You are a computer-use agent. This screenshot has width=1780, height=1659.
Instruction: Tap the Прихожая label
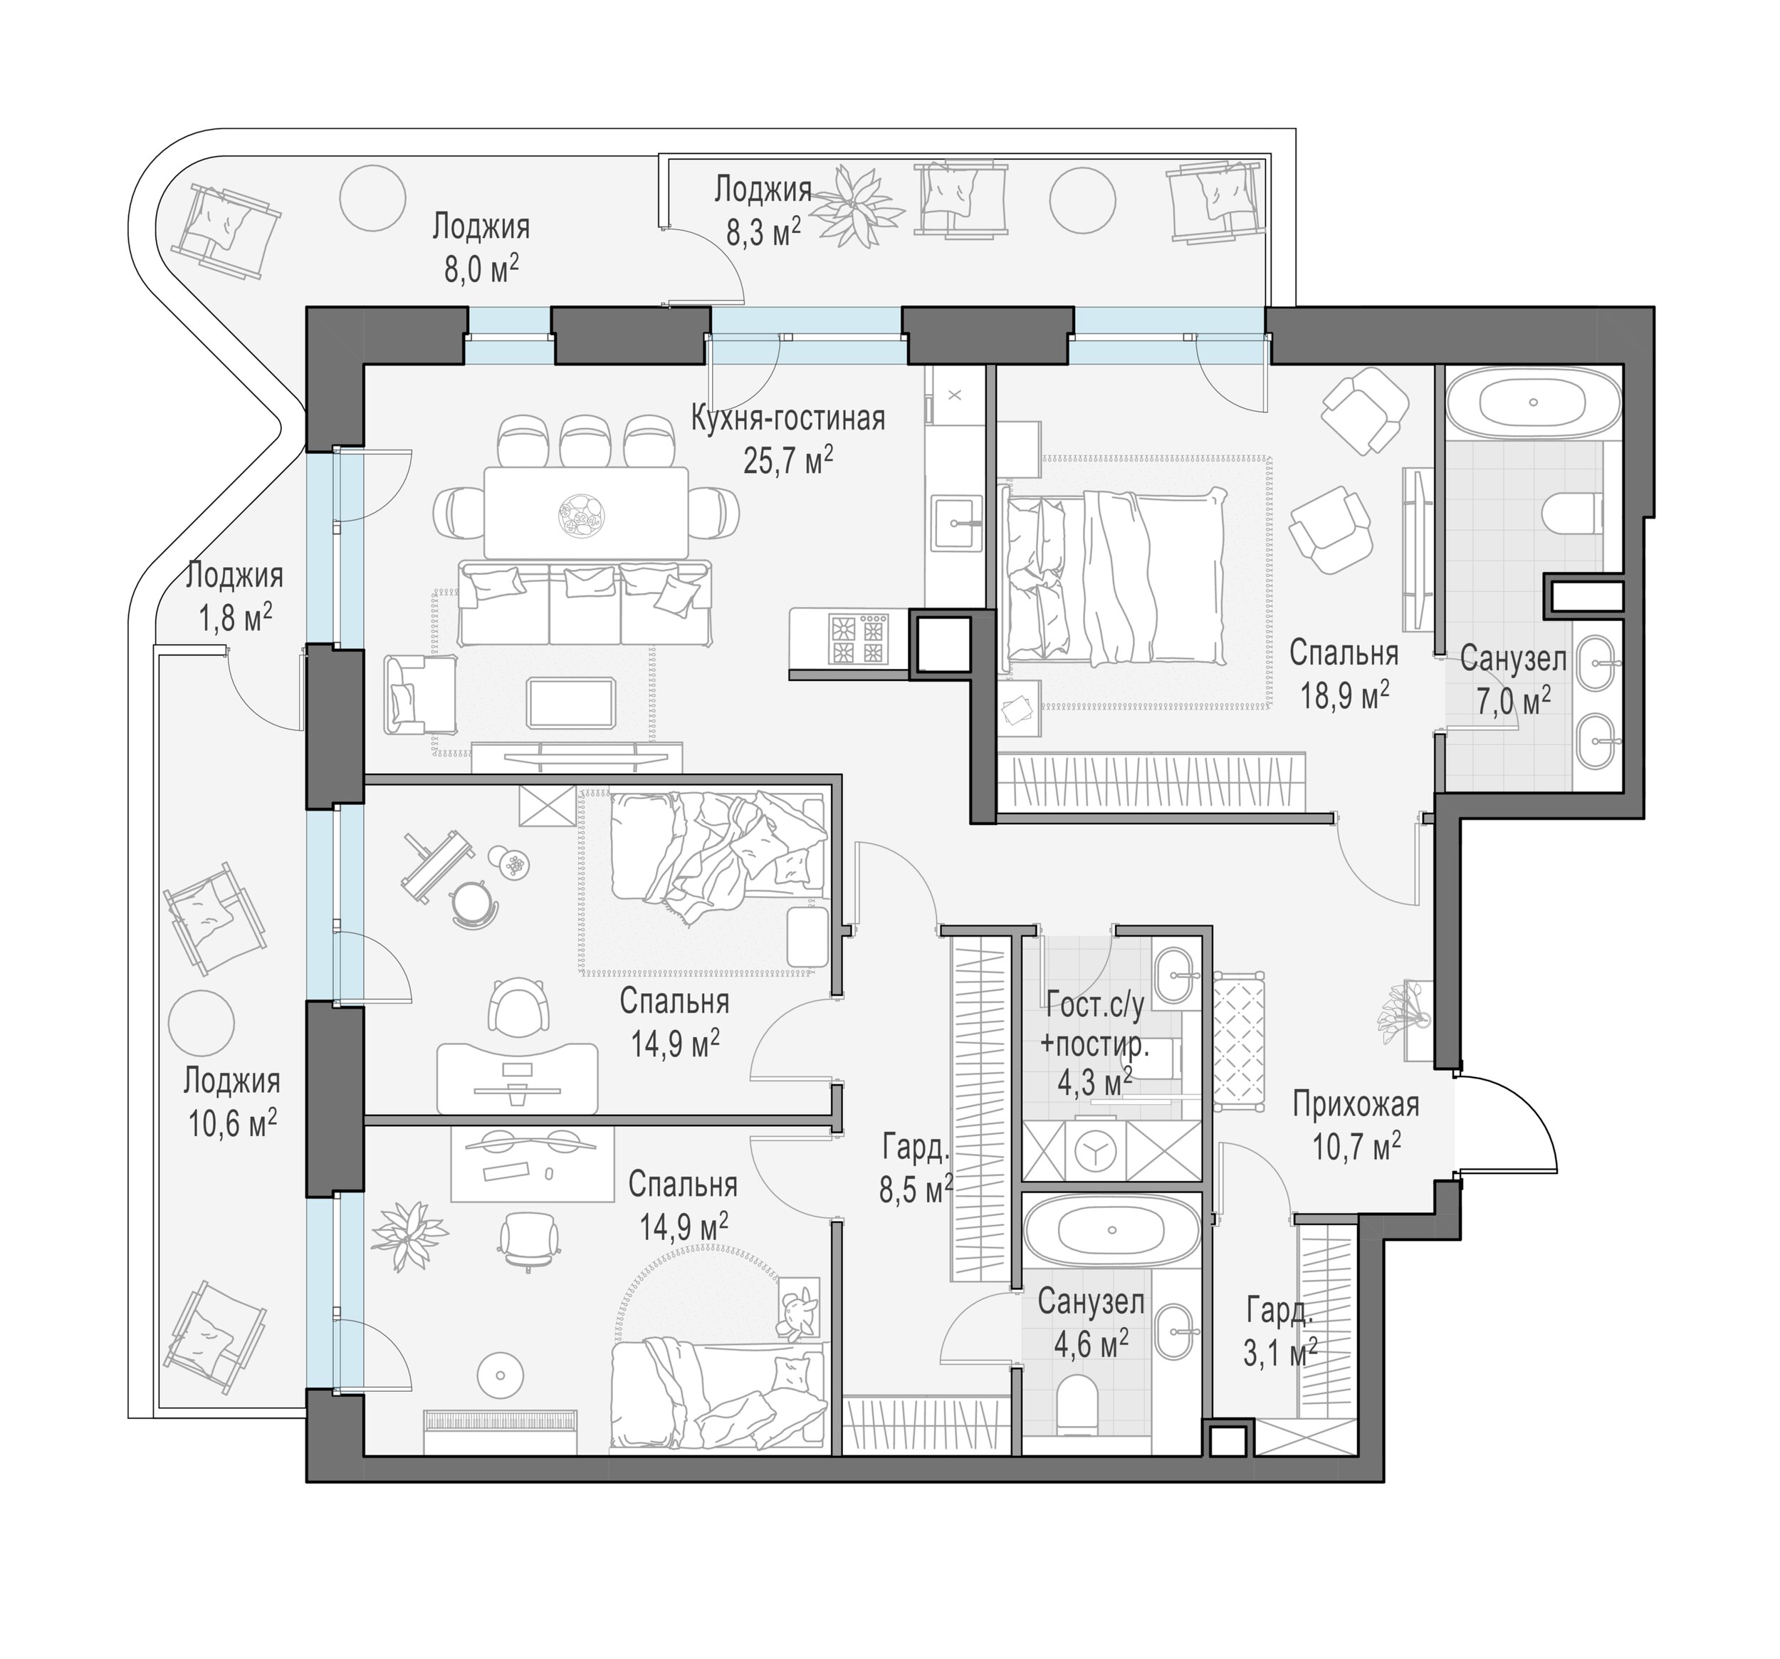pos(1356,1105)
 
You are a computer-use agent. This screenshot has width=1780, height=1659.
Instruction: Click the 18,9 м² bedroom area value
pos(1345,695)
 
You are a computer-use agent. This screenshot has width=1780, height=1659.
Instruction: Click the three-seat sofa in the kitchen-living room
pos(585,602)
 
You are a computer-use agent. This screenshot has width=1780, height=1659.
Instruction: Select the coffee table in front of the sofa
pos(570,703)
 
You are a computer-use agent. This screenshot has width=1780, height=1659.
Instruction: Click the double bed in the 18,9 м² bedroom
pos(1114,577)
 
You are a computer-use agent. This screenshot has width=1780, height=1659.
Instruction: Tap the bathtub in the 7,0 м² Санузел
pos(1534,403)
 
